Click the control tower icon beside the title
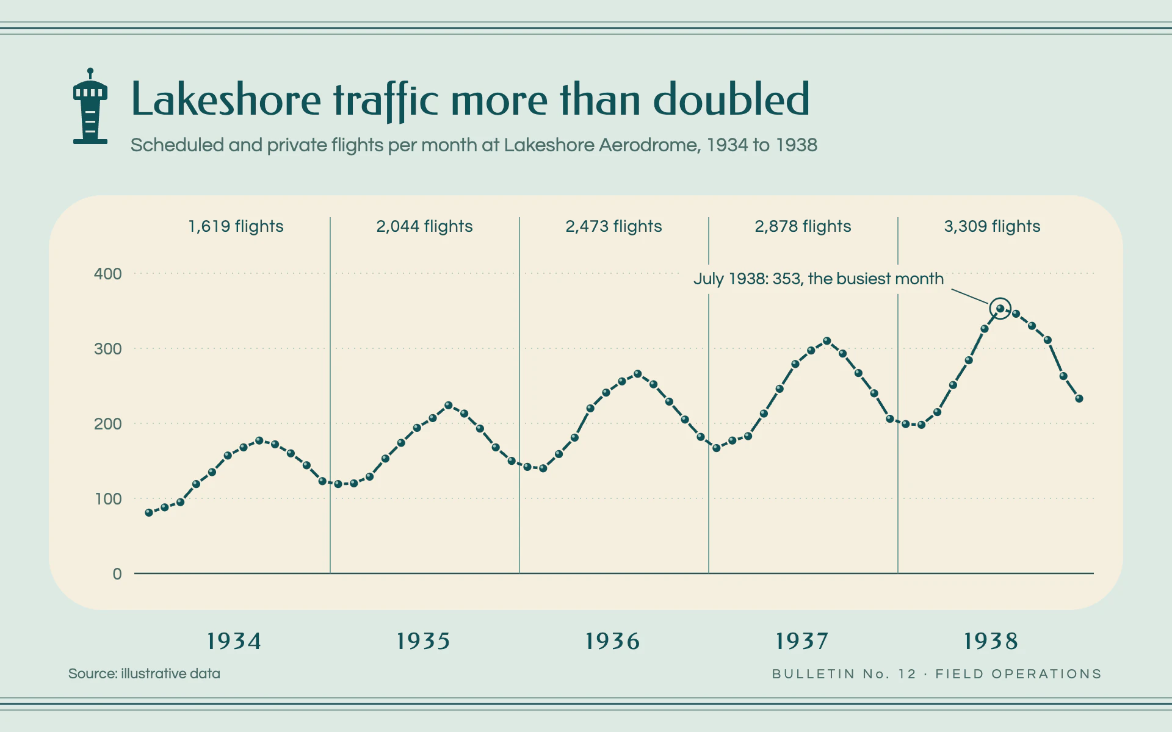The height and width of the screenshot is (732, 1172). coord(90,106)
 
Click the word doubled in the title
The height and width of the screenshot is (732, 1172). coord(731,99)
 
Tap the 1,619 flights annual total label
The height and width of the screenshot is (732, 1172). coord(236,226)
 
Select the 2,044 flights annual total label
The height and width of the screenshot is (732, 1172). coord(425,226)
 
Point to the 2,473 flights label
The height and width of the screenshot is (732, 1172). coord(614,226)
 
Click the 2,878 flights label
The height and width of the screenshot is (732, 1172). coord(803,226)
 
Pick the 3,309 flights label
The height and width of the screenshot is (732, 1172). coord(993,226)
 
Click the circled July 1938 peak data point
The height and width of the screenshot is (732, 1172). coord(1000,309)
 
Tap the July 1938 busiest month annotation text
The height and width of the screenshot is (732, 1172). coord(819,279)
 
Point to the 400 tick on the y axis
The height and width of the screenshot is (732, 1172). coord(108,273)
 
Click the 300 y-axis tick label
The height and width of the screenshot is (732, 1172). coord(108,348)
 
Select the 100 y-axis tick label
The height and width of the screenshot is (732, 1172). coord(109,498)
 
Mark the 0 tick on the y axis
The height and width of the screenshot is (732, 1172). coord(117,573)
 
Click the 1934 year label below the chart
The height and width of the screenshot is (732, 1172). coord(234,641)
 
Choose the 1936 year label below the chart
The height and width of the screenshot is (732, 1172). coord(613,641)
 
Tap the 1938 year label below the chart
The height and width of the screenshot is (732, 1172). coord(991,641)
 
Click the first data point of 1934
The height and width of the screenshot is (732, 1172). coord(149,513)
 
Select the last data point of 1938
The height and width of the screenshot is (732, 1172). coord(1079,398)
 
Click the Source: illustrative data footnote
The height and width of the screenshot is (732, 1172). coord(144,673)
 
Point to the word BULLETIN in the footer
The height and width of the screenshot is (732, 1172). coord(814,674)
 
